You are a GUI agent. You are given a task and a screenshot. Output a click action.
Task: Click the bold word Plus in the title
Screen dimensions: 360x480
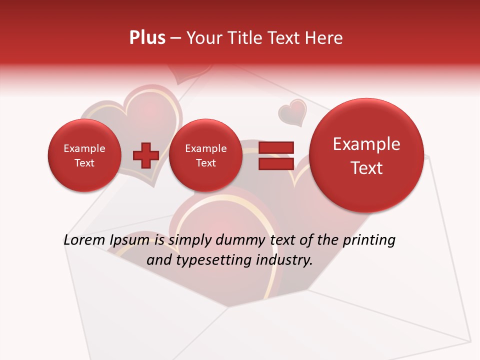click(147, 38)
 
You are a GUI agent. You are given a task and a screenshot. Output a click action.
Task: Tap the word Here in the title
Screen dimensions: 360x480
click(324, 38)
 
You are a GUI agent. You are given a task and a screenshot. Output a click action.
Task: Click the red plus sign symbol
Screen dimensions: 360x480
click(145, 155)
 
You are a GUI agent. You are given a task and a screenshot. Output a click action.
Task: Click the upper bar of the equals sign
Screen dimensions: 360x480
click(275, 147)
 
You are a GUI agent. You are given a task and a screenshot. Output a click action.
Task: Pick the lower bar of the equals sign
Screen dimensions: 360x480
click(275, 163)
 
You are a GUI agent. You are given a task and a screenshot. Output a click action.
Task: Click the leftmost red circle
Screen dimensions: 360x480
click(84, 155)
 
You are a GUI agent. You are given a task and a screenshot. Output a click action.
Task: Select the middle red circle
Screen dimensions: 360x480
click(205, 155)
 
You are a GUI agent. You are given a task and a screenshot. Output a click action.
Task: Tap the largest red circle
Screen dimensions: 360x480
click(366, 155)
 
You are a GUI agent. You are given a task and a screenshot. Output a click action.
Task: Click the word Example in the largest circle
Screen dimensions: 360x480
click(366, 144)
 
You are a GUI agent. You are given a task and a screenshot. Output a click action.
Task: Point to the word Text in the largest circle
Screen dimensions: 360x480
click(366, 168)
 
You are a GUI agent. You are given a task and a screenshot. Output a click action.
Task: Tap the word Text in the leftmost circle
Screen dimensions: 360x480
click(84, 163)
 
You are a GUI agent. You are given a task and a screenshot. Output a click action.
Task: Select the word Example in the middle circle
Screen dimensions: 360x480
click(205, 148)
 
